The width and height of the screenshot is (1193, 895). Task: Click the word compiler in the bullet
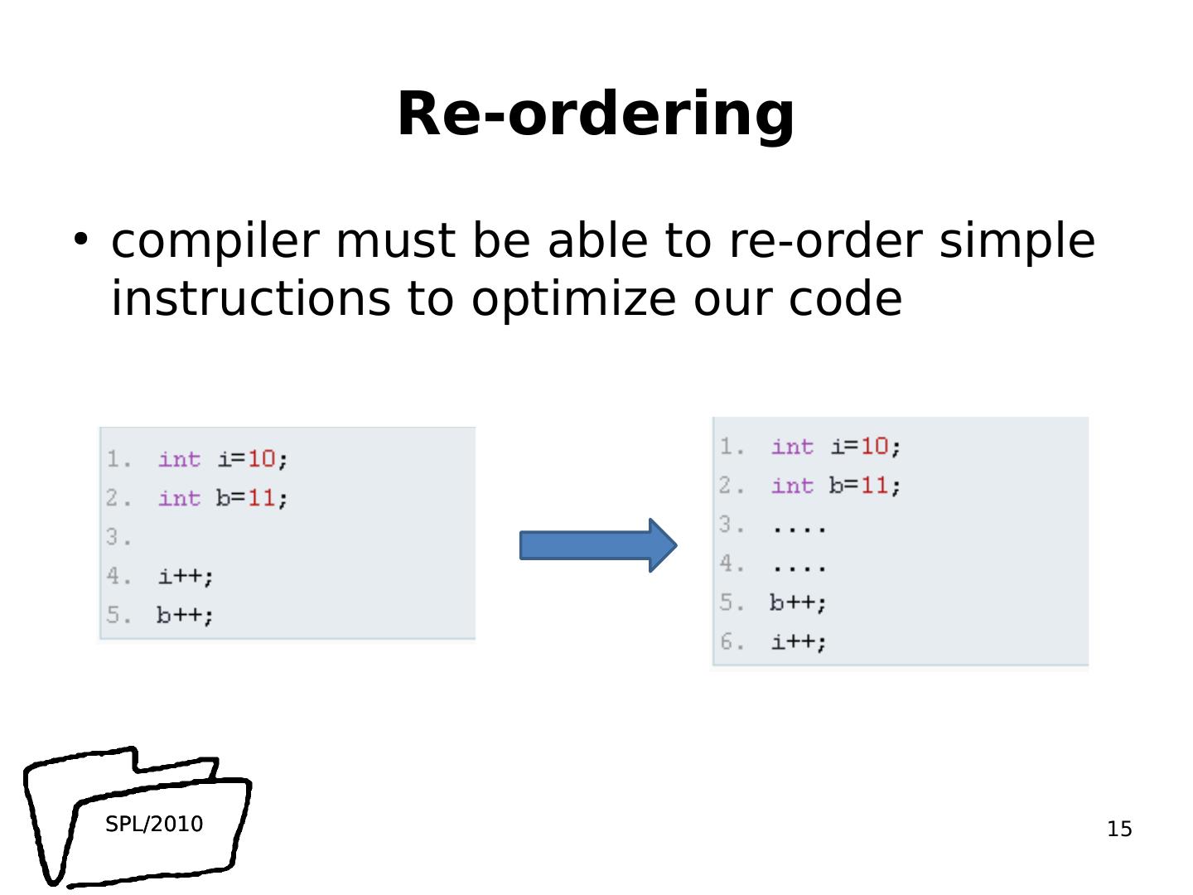point(215,241)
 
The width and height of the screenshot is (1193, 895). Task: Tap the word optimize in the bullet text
point(573,298)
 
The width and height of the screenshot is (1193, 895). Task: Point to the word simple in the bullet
point(1017,241)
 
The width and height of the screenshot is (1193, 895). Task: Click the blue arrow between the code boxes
point(597,545)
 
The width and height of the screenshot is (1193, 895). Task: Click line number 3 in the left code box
point(117,538)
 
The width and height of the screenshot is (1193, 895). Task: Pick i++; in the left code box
point(186,576)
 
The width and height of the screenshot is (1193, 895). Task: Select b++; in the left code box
point(185,615)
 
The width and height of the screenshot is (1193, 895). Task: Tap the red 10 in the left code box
point(261,458)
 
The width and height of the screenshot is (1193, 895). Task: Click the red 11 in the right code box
point(874,485)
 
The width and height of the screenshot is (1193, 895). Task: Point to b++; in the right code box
point(798,602)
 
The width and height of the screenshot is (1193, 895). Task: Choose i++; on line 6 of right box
point(799,641)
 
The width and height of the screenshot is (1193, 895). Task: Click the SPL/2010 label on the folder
point(154,824)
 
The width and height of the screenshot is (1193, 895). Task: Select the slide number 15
point(1119,829)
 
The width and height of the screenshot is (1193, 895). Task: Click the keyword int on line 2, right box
point(792,485)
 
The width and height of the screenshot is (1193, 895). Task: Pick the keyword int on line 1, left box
point(179,458)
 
